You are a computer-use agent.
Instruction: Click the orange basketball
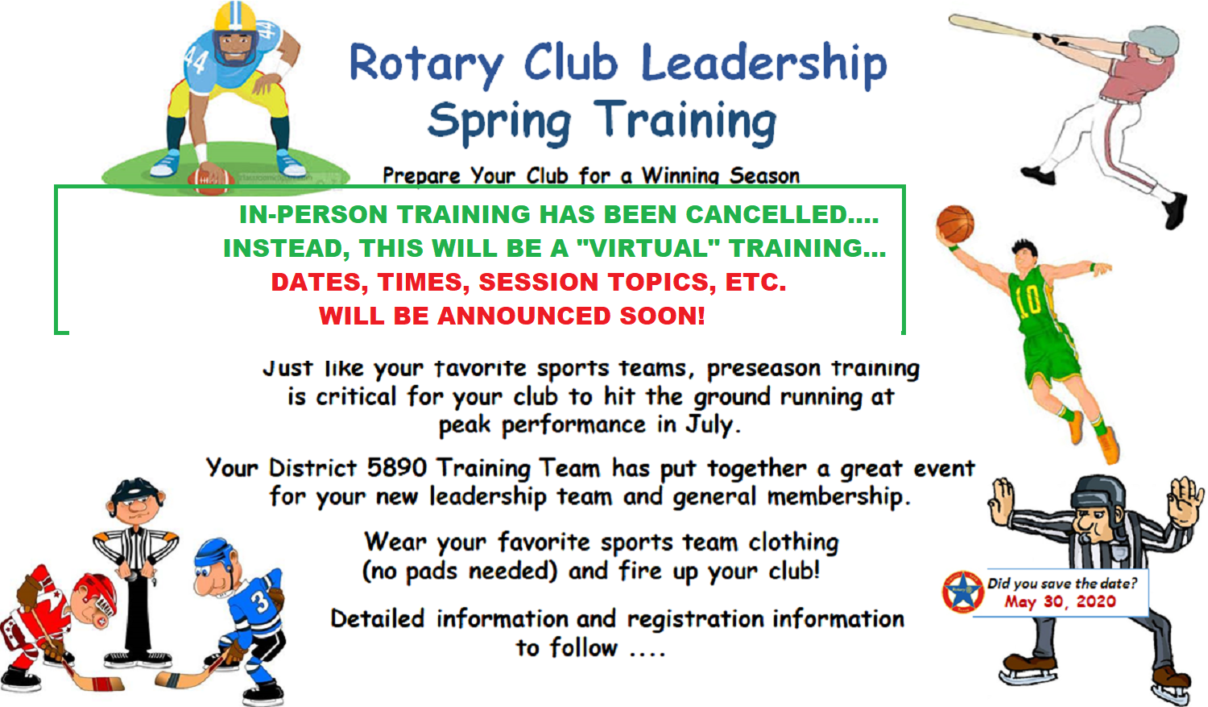(x=955, y=225)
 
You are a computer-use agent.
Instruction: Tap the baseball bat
(x=991, y=27)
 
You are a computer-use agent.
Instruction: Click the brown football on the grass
(x=210, y=181)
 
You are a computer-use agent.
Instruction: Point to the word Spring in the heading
(x=499, y=122)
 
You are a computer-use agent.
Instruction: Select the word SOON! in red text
(x=662, y=316)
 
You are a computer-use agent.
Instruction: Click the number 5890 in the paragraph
(x=397, y=468)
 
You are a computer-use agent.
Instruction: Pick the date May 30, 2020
(x=1061, y=602)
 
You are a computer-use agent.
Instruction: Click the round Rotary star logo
(x=963, y=592)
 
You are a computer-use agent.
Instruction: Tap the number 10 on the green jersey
(x=1028, y=301)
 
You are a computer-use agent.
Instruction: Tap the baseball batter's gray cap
(x=1154, y=39)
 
